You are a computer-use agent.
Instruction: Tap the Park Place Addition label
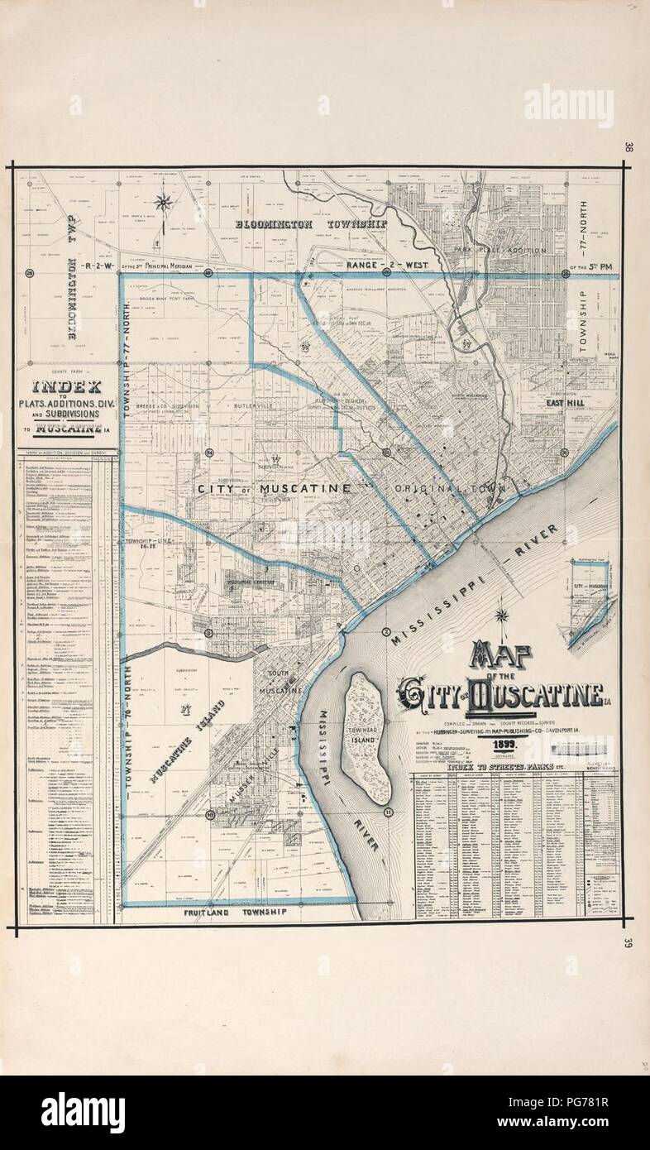(500, 249)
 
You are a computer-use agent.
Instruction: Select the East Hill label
(565, 403)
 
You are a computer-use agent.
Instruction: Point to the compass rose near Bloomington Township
(164, 202)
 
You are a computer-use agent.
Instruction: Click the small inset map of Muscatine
(590, 601)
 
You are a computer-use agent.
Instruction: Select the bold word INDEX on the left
(66, 386)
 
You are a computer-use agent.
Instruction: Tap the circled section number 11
(388, 813)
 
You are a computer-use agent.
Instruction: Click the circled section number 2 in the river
(385, 633)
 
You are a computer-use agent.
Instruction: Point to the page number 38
(629, 148)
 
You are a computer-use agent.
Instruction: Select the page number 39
(629, 942)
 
